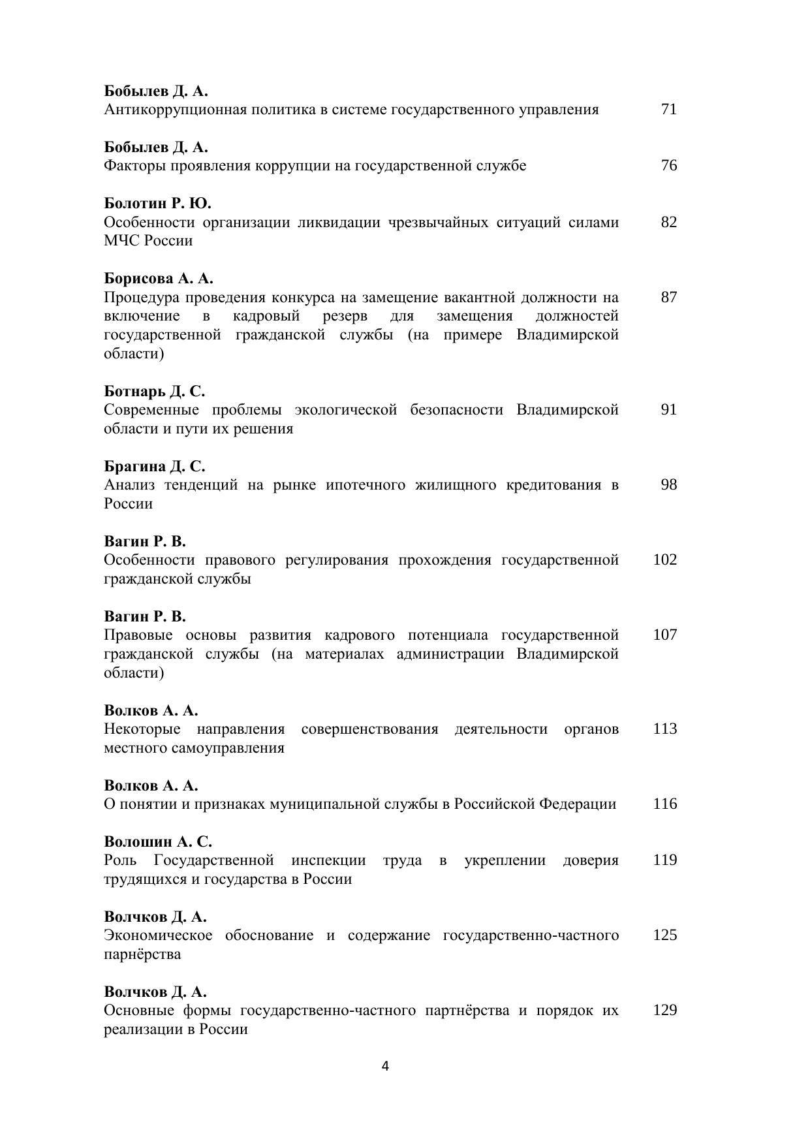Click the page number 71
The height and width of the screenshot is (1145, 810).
(668, 109)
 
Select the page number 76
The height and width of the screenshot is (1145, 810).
(668, 165)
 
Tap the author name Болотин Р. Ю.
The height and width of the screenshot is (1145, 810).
(157, 203)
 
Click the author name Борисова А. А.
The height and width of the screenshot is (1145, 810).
(159, 279)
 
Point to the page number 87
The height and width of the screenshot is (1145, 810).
(668, 297)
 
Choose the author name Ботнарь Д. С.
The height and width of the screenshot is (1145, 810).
(155, 392)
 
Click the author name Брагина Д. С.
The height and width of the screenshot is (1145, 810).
(155, 467)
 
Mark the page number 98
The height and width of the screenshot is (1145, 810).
(668, 484)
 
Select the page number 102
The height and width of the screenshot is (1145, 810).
(664, 559)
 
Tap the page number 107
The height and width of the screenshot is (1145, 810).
(664, 635)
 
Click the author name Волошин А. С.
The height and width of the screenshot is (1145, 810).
(158, 842)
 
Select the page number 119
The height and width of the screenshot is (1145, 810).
(664, 860)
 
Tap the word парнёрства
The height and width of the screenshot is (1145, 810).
(142, 954)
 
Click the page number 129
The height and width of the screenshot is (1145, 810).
(664, 1010)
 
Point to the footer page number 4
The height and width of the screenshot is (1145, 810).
(385, 1067)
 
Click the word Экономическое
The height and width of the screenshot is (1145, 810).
(158, 935)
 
